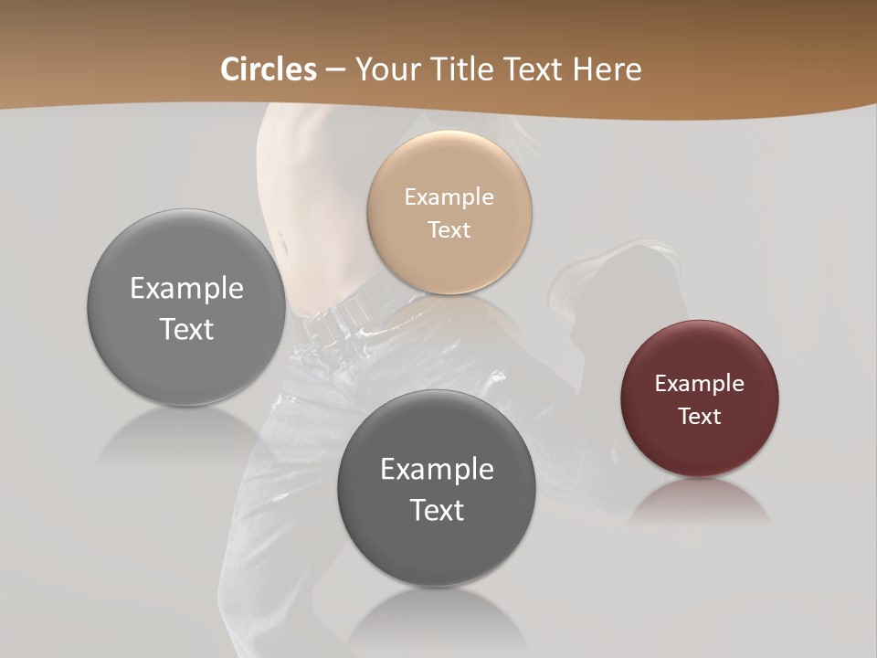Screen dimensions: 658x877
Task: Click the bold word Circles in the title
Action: point(268,69)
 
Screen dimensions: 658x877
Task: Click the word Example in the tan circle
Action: point(449,196)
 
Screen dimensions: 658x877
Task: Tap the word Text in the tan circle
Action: point(449,229)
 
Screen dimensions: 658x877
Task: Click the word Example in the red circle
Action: point(700,384)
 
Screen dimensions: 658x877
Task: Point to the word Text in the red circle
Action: point(700,417)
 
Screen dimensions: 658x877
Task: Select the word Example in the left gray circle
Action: point(186,288)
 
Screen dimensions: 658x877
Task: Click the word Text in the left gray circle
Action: point(186,329)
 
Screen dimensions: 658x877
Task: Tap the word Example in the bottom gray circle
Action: point(437,469)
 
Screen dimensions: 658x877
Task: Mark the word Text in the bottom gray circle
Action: point(437,510)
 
